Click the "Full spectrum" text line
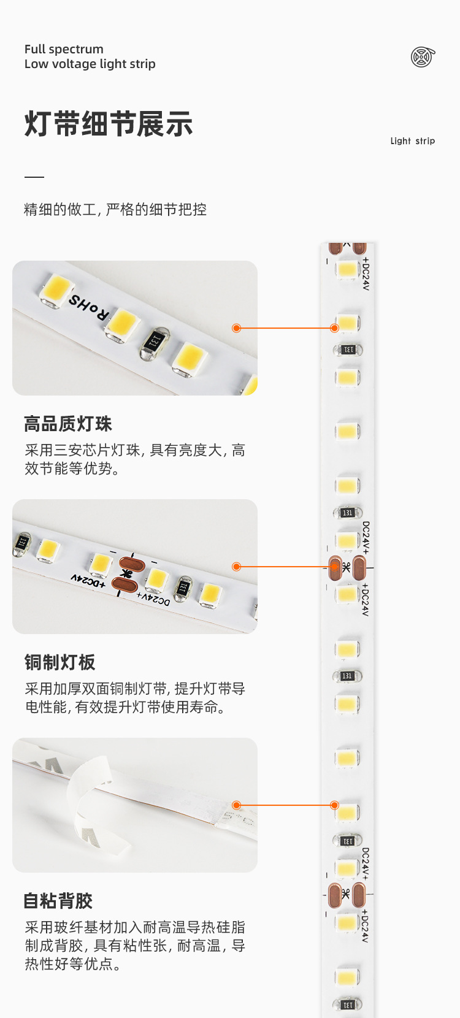(x=64, y=49)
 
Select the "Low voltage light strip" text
(x=90, y=64)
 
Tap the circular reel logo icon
(x=423, y=57)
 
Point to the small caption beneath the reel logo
(x=412, y=141)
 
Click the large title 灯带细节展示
(x=109, y=124)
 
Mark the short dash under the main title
(x=34, y=177)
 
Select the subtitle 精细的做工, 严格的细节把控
(x=115, y=210)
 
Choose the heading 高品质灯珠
(x=68, y=424)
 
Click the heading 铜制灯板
(x=60, y=662)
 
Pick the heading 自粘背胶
(x=58, y=901)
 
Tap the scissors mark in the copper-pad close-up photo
(x=127, y=574)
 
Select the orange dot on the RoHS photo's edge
(x=236, y=328)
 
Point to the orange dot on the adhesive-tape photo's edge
(x=237, y=805)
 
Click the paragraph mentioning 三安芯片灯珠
(x=135, y=459)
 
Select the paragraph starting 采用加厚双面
(x=135, y=698)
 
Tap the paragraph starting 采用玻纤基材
(x=135, y=945)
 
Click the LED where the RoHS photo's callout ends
(x=347, y=323)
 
